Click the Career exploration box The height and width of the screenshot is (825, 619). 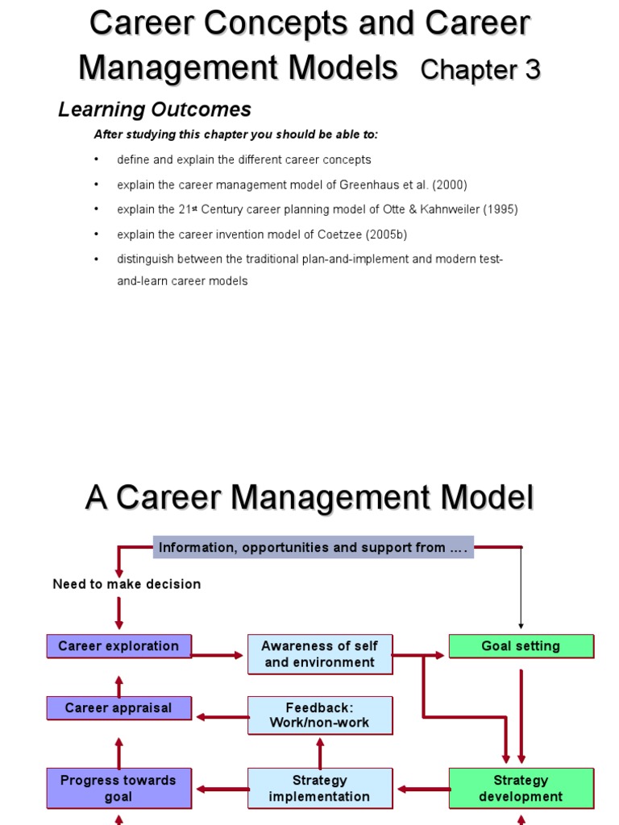pyautogui.click(x=118, y=646)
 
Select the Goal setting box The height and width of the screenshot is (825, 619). pyautogui.click(x=521, y=646)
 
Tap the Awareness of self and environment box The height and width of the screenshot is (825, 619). pyautogui.click(x=320, y=654)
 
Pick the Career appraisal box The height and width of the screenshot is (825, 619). pyautogui.click(x=118, y=708)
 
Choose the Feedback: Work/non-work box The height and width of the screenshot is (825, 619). pyautogui.click(x=320, y=715)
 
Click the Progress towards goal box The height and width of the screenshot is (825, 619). pyautogui.click(x=118, y=788)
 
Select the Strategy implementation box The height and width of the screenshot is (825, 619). pyautogui.click(x=320, y=788)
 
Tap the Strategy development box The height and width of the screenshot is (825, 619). pyautogui.click(x=521, y=788)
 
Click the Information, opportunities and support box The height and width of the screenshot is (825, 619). pyautogui.click(x=313, y=548)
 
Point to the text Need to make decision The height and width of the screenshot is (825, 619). pyautogui.click(x=127, y=584)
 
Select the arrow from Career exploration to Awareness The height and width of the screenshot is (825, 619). pyautogui.click(x=218, y=655)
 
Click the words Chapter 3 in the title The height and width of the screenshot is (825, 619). pyautogui.click(x=480, y=70)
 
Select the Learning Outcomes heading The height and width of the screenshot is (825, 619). pyautogui.click(x=155, y=110)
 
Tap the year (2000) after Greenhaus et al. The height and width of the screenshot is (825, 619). pyautogui.click(x=450, y=184)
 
